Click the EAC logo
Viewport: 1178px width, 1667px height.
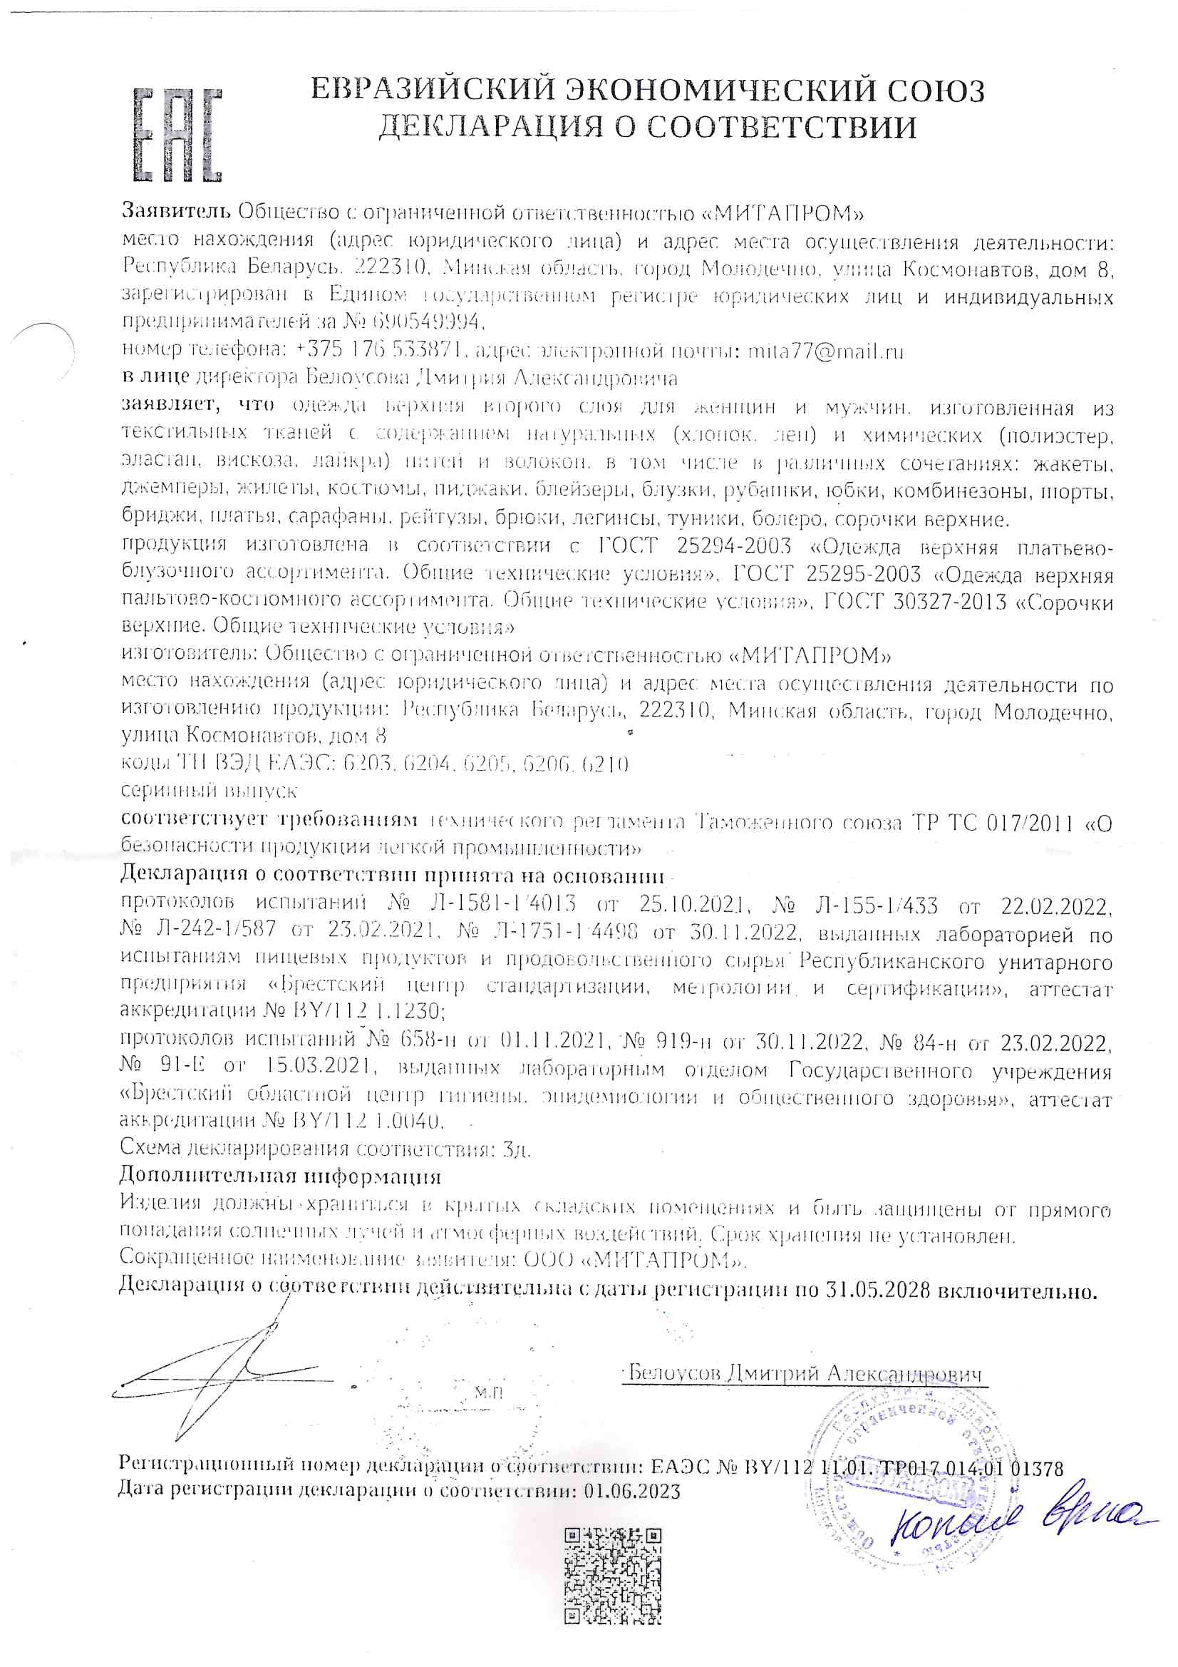177,135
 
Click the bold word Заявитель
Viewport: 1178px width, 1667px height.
175,212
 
